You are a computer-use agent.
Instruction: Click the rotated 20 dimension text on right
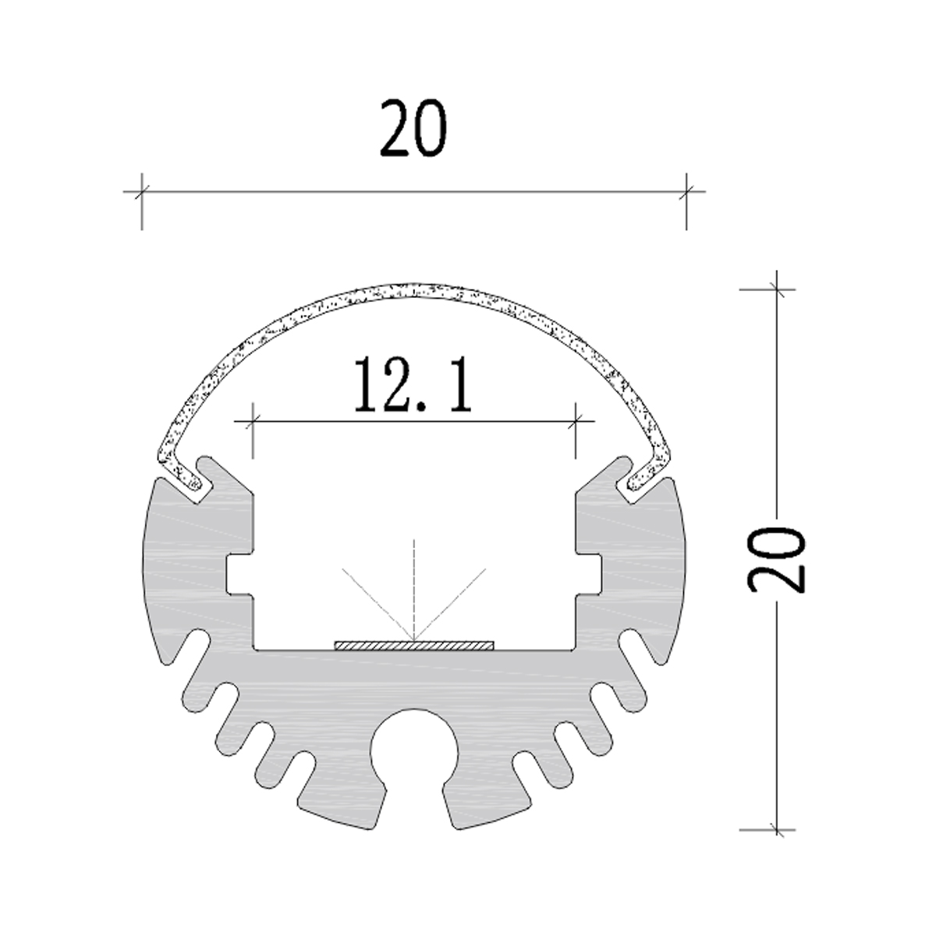point(775,560)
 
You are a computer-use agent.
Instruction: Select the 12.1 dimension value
point(413,385)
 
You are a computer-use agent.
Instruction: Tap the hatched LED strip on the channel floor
point(413,645)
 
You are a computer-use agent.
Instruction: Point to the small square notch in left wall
point(237,574)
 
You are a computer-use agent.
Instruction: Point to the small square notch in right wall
point(590,574)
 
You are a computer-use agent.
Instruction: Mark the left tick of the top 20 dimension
point(141,191)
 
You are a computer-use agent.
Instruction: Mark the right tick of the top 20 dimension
point(686,191)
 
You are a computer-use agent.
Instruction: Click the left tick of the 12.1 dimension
point(253,423)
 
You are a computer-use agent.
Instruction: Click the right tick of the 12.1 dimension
point(576,423)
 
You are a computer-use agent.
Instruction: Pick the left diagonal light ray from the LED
point(374,601)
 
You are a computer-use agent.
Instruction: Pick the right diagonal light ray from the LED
point(452,601)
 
